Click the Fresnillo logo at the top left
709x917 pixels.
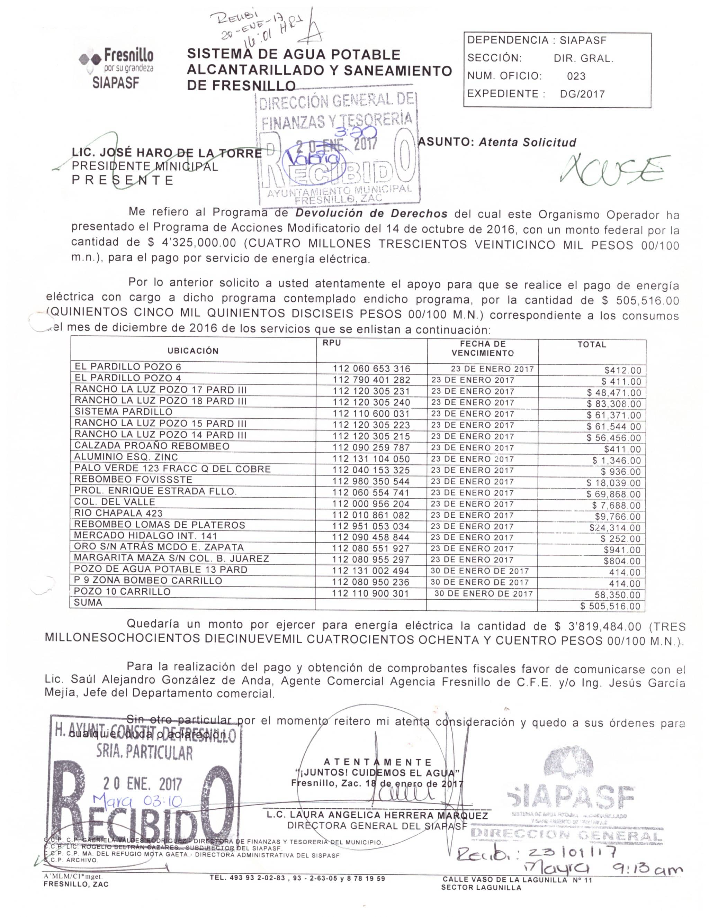(116, 67)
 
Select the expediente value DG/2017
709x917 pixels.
(582, 94)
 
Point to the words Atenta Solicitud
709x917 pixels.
(528, 142)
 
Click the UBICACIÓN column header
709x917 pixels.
(193, 351)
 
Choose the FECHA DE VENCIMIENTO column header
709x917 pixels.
(483, 348)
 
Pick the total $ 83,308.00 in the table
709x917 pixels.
(614, 404)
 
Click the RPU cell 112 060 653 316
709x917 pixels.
(371, 369)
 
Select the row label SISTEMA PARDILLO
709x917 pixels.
(124, 412)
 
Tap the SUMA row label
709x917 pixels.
(88, 602)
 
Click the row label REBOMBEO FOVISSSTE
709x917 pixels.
(133, 480)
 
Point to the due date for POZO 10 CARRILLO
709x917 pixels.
(483, 594)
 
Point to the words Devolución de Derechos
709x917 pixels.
(371, 213)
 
